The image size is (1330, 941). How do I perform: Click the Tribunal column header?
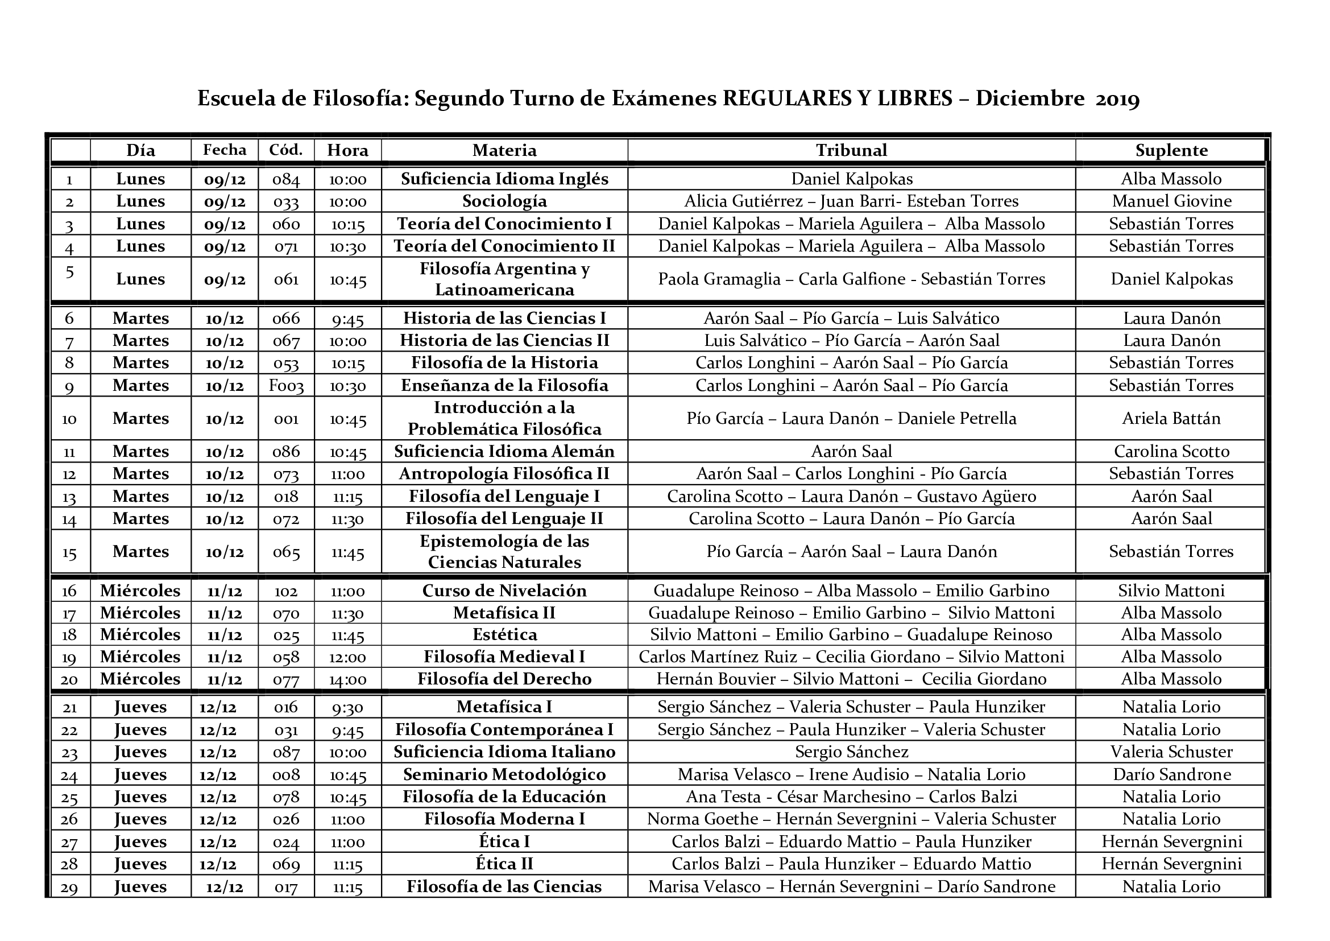coord(851,151)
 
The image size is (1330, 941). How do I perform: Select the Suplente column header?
coord(1171,151)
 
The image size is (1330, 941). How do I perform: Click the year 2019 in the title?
coord(1117,99)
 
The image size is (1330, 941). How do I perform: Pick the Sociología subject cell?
coord(504,201)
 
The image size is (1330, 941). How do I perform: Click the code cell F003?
coord(286,385)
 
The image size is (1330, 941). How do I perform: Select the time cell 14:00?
coord(347,679)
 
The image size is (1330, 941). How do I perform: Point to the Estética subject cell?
coord(504,634)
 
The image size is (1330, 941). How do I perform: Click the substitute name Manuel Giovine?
coord(1171,201)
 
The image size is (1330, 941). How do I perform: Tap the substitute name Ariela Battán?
coord(1171,418)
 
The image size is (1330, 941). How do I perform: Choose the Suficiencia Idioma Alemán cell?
coord(504,451)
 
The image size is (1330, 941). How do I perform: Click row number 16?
coord(69,591)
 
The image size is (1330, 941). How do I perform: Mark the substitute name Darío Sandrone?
coord(1171,775)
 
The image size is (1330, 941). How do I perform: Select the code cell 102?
coord(286,591)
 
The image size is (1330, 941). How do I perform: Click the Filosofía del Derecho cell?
coord(504,679)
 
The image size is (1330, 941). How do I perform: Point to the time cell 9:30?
coord(347,707)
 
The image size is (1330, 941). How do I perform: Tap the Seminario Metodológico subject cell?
coord(504,775)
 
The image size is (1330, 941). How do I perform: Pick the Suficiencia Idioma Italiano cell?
coord(504,752)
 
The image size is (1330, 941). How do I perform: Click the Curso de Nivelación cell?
coord(504,591)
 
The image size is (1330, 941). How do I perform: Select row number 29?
coord(69,887)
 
